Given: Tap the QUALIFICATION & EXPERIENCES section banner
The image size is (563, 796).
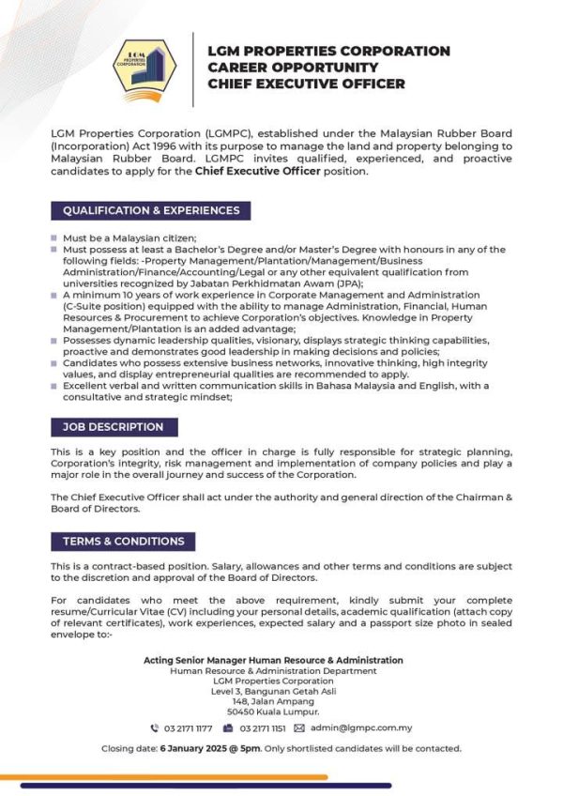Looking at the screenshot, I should [150, 210].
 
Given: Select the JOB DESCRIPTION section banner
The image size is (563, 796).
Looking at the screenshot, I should [113, 427].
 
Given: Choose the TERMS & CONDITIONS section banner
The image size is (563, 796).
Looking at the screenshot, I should [123, 541].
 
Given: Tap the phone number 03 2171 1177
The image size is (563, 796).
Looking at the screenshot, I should [188, 727].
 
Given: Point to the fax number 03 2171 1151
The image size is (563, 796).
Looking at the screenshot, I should [262, 727].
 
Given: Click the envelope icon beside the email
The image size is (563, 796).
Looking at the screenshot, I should [299, 727].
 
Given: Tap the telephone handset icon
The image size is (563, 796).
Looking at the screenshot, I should [155, 727].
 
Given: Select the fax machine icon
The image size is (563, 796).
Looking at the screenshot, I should [228, 727].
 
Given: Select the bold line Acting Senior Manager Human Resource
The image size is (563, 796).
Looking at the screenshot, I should [273, 661].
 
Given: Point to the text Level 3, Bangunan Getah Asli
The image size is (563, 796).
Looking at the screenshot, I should [273, 690].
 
